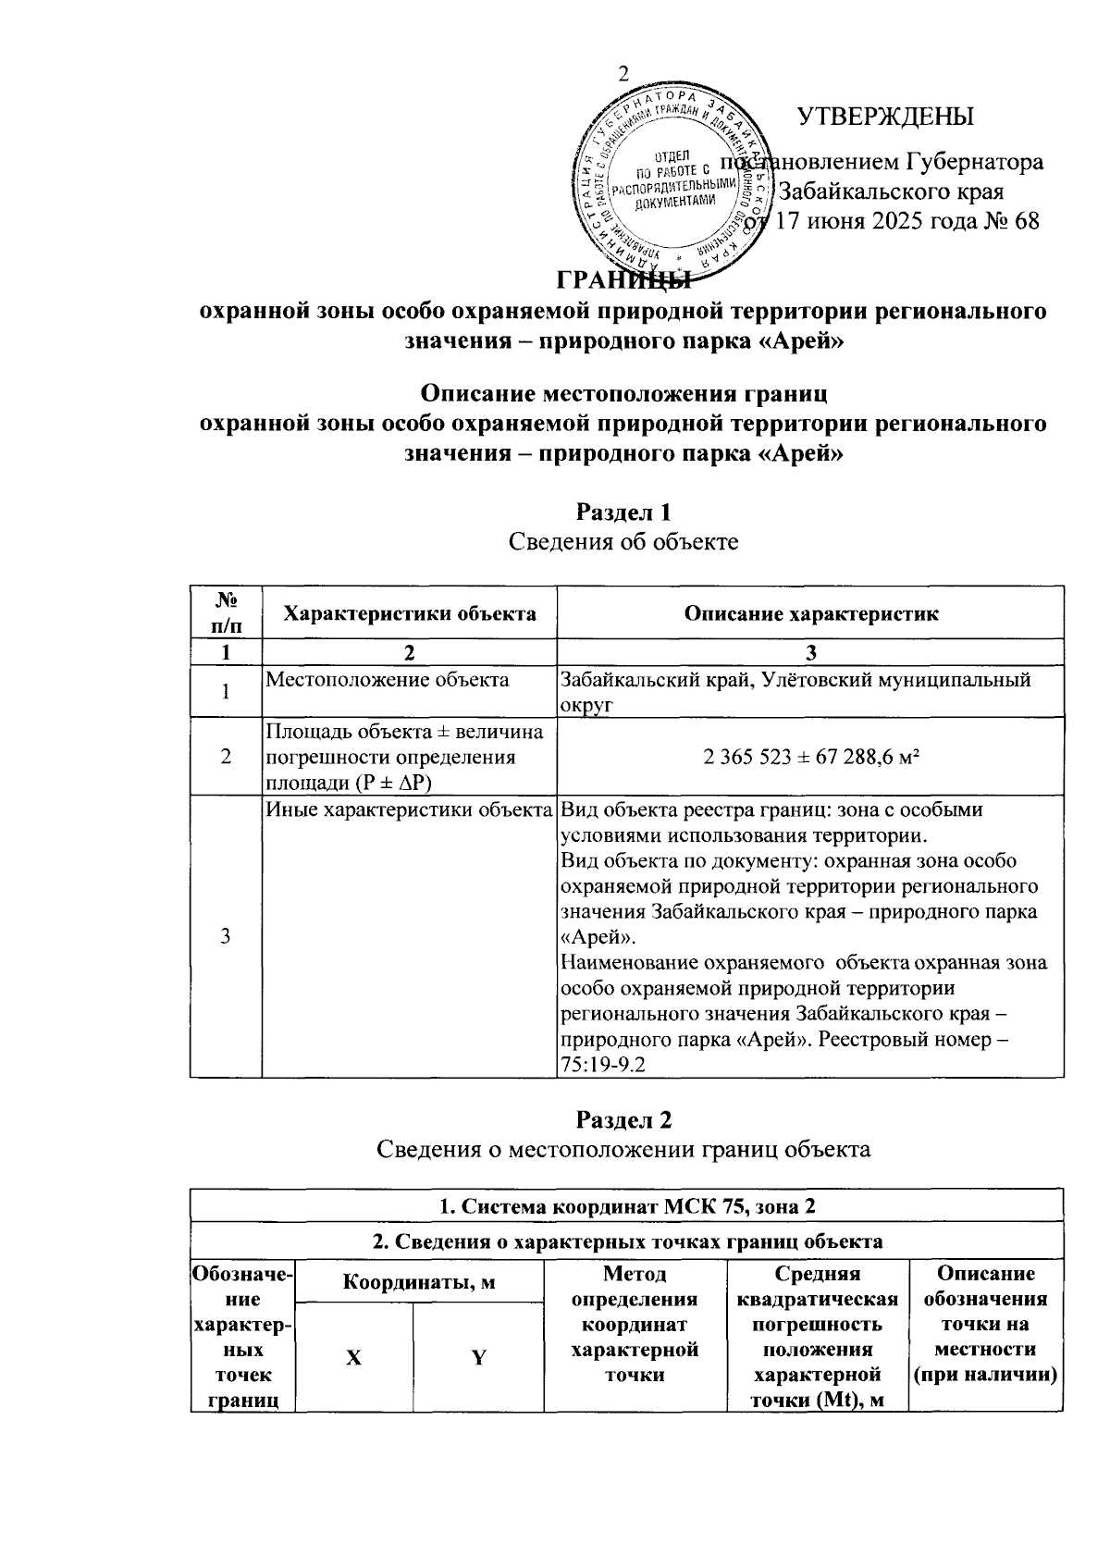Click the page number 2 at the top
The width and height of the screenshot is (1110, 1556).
click(x=623, y=76)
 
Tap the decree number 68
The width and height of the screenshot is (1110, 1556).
click(x=1026, y=221)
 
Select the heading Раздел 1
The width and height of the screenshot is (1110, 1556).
click(x=623, y=512)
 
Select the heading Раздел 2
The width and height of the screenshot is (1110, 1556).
click(x=623, y=1119)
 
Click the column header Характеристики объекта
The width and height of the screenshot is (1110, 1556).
click(x=409, y=613)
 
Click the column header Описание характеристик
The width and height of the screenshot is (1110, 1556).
click(x=810, y=613)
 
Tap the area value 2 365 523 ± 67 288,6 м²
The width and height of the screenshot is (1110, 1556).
click(x=810, y=757)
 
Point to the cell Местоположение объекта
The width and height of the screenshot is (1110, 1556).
click(x=388, y=680)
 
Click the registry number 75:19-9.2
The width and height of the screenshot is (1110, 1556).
click(x=601, y=1065)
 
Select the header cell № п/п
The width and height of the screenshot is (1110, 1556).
click(x=226, y=612)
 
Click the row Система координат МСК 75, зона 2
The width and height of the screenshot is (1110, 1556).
click(x=626, y=1206)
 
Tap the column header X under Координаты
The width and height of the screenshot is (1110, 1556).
click(x=354, y=1358)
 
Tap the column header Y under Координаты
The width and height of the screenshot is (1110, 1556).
click(x=478, y=1358)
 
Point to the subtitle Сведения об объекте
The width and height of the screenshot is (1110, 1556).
click(x=623, y=541)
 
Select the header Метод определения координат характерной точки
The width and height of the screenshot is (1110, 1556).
click(x=635, y=1324)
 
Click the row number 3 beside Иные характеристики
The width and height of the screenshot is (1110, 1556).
click(x=226, y=936)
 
